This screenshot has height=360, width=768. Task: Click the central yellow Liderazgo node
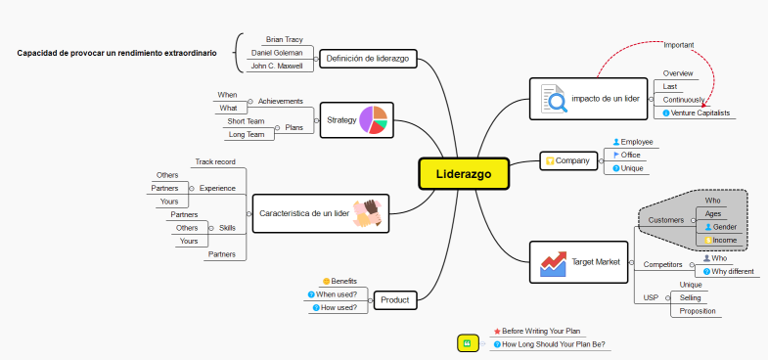tap(464, 174)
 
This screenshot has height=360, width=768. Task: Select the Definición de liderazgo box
tap(367, 59)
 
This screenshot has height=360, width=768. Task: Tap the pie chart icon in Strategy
tap(374, 119)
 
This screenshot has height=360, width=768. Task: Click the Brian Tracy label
tap(284, 39)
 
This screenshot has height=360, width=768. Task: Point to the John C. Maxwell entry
tap(277, 66)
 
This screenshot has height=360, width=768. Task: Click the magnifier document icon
tap(553, 99)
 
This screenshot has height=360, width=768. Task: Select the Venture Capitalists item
tap(700, 112)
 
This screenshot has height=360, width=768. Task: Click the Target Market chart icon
tap(553, 262)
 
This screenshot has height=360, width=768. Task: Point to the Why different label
tap(732, 271)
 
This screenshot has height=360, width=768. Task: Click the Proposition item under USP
tap(698, 311)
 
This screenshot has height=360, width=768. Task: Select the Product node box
tap(394, 299)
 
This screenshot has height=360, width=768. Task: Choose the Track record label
tap(215, 161)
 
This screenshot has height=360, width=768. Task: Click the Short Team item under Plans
tap(246, 121)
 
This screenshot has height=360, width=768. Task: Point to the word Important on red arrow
tap(679, 45)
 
